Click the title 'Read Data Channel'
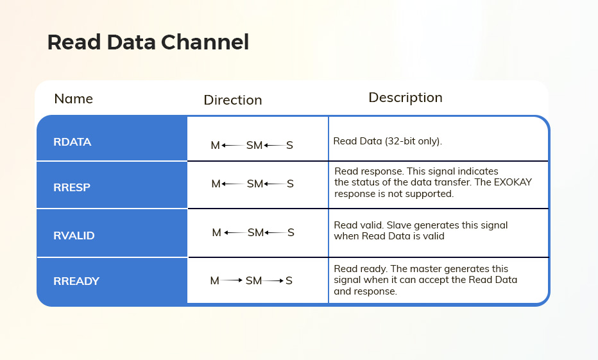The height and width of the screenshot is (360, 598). pyautogui.click(x=148, y=42)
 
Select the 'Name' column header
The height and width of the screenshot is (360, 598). pyautogui.click(x=74, y=99)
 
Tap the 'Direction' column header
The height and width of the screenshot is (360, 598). pyautogui.click(x=233, y=100)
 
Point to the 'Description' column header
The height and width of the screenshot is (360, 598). pyautogui.click(x=406, y=98)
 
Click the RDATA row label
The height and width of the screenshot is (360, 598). pyautogui.click(x=72, y=142)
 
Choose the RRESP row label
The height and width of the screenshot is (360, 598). pyautogui.click(x=72, y=187)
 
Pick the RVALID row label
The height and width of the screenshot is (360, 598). pyautogui.click(x=74, y=236)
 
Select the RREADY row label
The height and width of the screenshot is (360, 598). pyautogui.click(x=76, y=281)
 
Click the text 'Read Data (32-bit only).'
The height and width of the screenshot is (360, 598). pyautogui.click(x=388, y=141)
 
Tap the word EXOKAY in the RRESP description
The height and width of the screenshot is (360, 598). pyautogui.click(x=513, y=182)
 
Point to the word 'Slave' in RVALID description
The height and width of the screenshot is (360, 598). pyautogui.click(x=399, y=225)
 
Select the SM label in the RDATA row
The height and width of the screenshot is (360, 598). pyautogui.click(x=254, y=145)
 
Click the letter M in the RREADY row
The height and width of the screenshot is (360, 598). pyautogui.click(x=215, y=280)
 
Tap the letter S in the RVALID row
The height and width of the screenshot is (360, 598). pyautogui.click(x=291, y=233)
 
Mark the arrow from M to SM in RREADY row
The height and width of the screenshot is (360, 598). pyautogui.click(x=232, y=280)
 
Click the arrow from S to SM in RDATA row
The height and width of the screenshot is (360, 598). pyautogui.click(x=275, y=145)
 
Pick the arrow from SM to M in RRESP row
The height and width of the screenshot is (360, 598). pyautogui.click(x=233, y=184)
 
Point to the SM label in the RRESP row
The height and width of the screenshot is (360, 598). pyautogui.click(x=255, y=184)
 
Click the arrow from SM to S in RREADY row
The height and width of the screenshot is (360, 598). pyautogui.click(x=273, y=280)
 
